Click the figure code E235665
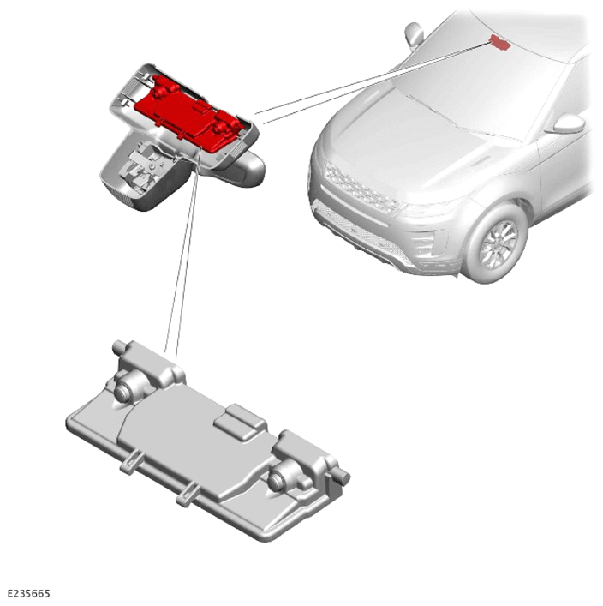28,593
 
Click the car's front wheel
497,244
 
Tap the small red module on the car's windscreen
500,42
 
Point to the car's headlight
429,207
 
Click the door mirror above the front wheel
568,123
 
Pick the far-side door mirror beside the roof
414,34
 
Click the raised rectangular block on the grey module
240,421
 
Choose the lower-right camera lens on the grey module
278,480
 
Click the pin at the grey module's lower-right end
342,477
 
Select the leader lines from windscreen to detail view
374,80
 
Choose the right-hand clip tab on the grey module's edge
188,495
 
